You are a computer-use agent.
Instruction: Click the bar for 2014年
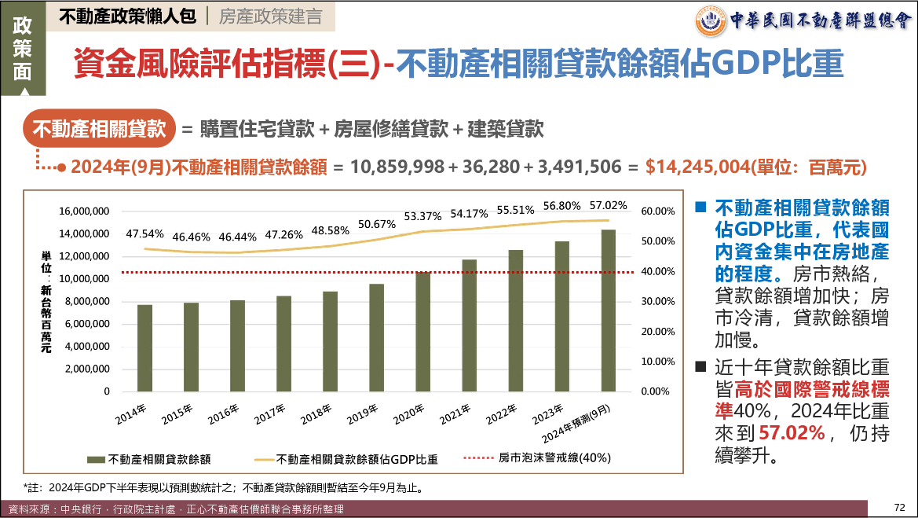[144, 347]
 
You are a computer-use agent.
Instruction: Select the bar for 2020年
[423, 331]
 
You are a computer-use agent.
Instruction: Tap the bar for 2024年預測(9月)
[609, 310]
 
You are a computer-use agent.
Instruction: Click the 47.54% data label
[144, 233]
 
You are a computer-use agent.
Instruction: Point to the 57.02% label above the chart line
[609, 206]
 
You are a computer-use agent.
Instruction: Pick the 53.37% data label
[422, 216]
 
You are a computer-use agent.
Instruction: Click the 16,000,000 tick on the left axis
[84, 211]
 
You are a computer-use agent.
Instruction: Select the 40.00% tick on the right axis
[658, 271]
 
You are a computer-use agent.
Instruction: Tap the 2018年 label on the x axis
[314, 414]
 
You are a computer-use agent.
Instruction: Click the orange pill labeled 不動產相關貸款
[98, 129]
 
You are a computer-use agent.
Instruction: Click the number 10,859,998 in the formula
[397, 167]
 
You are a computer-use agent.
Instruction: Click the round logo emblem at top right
[711, 20]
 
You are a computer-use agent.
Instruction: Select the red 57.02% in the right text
[791, 433]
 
